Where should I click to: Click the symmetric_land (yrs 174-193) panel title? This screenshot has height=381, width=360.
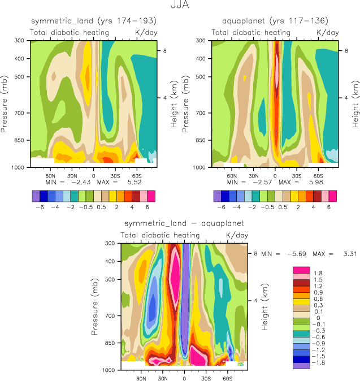[x=93, y=21]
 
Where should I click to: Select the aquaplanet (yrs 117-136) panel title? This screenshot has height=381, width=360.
[x=275, y=21]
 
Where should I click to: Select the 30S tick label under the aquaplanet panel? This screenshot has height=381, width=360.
[x=297, y=176]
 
